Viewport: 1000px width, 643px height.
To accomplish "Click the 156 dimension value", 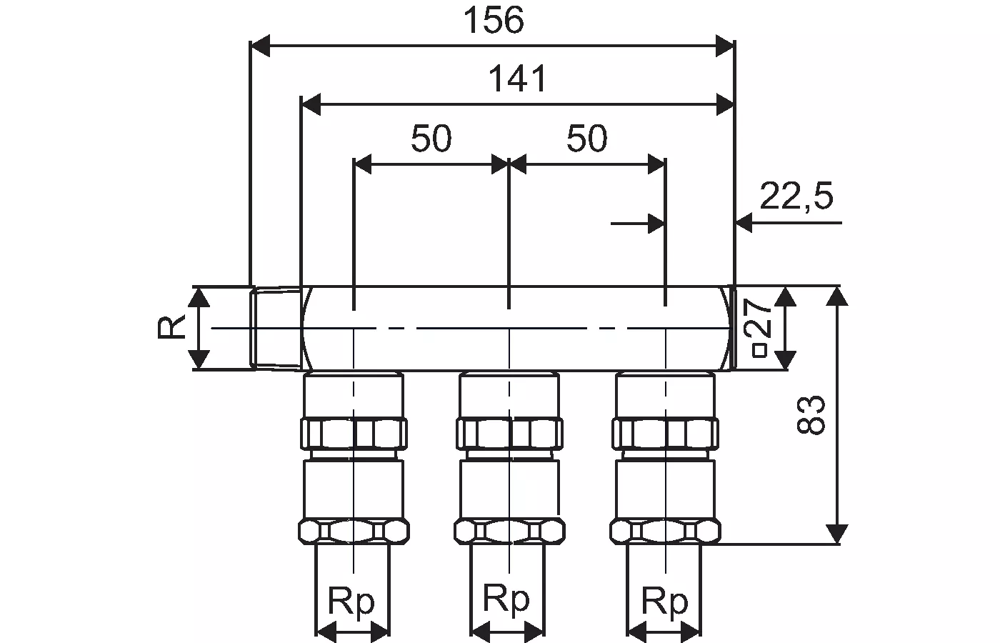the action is (x=494, y=21).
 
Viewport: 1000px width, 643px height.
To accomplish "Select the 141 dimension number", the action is (x=517, y=79).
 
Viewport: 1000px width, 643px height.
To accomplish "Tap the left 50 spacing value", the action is (x=431, y=139).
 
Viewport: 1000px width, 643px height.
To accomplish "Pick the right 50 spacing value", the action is (x=587, y=139).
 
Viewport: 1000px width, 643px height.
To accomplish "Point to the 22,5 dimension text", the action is (x=796, y=196).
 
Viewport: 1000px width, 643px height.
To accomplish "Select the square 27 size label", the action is (x=761, y=328).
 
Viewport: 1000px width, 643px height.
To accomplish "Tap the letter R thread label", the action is (x=171, y=328).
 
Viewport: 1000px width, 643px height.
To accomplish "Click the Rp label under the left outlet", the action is (x=351, y=602).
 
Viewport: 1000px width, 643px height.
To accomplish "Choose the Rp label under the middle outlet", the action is (x=506, y=599).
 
